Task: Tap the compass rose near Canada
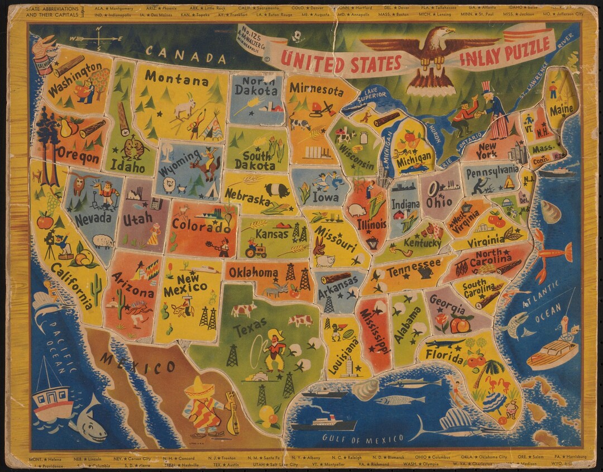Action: click(x=99, y=38)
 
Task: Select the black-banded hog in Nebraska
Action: click(x=277, y=190)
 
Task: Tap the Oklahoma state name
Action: click(x=252, y=273)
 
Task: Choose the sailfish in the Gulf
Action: click(x=452, y=426)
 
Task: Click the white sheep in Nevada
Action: click(x=103, y=241)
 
